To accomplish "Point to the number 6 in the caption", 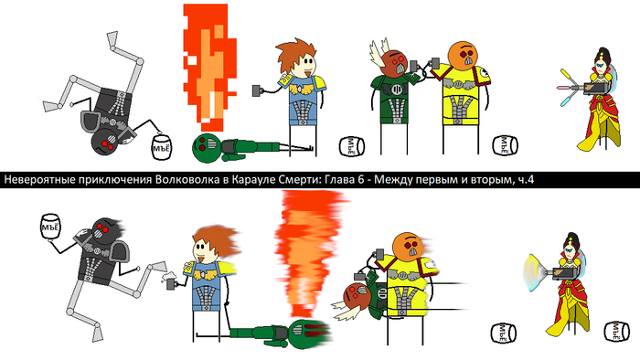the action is pyautogui.click(x=360, y=179).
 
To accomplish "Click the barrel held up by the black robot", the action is pyautogui.click(x=50, y=228).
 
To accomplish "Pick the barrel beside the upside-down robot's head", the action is pyautogui.click(x=161, y=147).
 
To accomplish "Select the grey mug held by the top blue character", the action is pyautogui.click(x=258, y=90).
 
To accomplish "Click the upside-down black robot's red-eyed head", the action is pyautogui.click(x=105, y=142).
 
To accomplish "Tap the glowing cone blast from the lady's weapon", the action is pyautogui.click(x=535, y=272).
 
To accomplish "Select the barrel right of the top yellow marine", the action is pyautogui.click(x=505, y=145).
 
